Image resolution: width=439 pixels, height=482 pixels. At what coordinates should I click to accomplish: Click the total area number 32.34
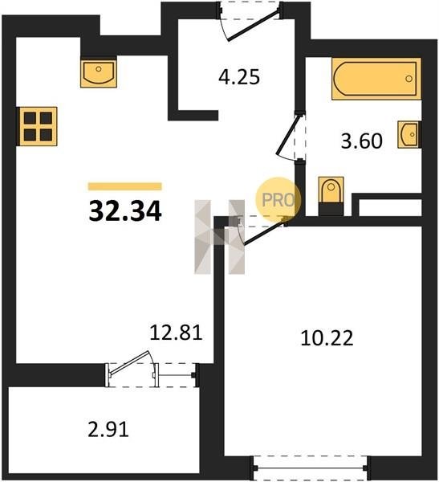125,210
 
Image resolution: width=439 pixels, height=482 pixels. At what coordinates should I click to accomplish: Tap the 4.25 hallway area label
239,77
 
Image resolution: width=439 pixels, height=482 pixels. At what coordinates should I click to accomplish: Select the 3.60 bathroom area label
362,141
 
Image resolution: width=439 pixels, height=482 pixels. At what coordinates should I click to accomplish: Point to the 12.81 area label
176,333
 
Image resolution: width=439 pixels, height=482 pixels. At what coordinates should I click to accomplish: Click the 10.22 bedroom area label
327,338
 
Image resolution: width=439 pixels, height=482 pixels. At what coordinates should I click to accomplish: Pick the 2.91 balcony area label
108,430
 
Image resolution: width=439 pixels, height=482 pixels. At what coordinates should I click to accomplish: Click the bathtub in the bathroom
376,79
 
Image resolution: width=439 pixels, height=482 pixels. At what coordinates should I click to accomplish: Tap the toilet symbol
331,195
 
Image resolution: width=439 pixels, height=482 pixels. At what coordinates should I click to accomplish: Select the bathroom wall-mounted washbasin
409,135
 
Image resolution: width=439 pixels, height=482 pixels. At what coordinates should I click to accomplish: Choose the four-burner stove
37,126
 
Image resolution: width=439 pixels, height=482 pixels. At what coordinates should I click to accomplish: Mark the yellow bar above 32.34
125,186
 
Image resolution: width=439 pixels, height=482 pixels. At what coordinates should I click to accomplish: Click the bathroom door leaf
287,135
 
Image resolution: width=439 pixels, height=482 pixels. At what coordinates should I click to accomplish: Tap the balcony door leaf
129,363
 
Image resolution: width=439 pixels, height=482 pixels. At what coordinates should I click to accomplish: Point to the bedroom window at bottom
311,468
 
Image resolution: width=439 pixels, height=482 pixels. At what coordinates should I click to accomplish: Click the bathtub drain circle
409,79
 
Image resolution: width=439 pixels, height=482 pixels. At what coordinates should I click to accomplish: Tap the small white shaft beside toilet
390,207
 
